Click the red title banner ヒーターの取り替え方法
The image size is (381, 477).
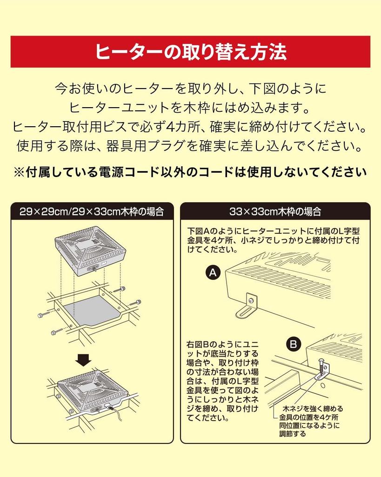click(190, 52)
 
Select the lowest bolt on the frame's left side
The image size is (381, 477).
click(55, 332)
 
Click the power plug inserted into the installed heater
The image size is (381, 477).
click(110, 407)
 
